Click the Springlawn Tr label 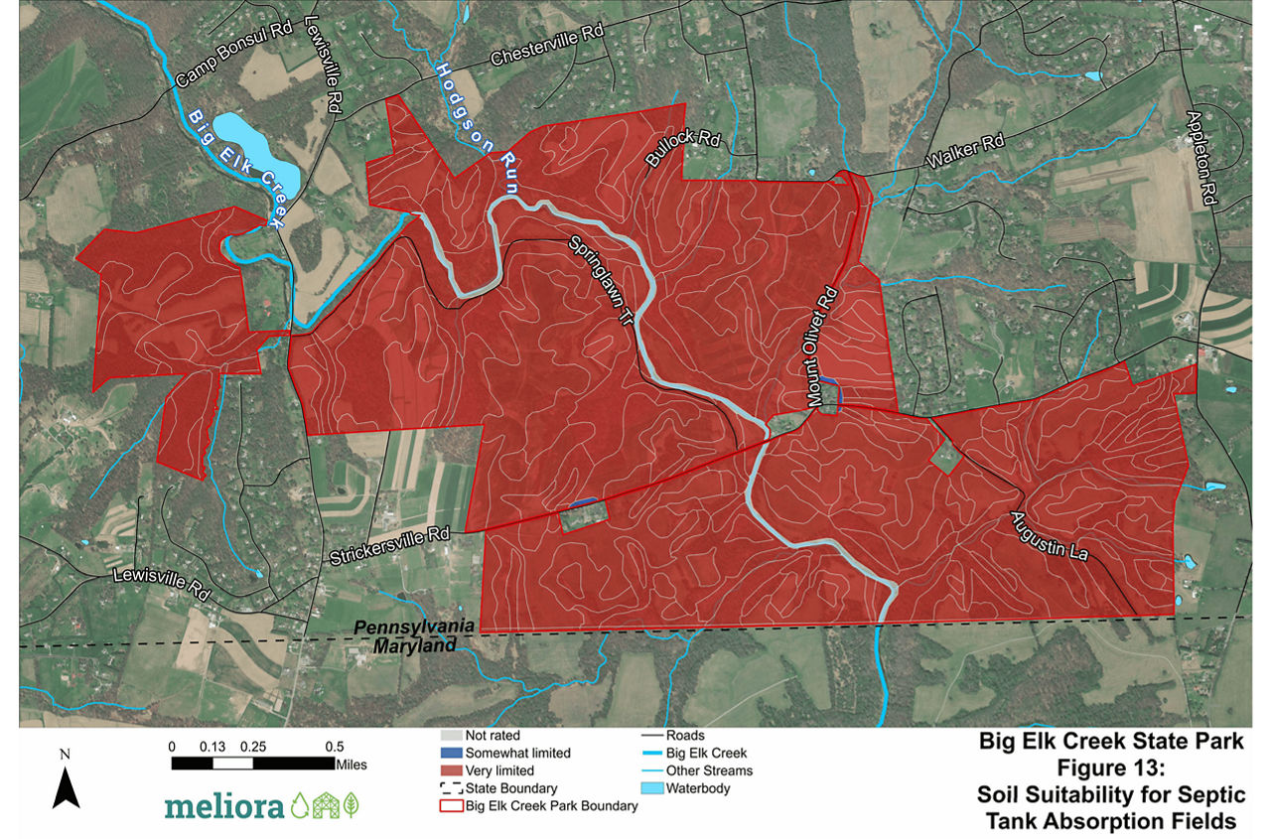(x=600, y=280)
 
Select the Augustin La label (x=1052, y=536)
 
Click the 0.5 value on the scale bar (x=334, y=747)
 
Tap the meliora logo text (x=222, y=805)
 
